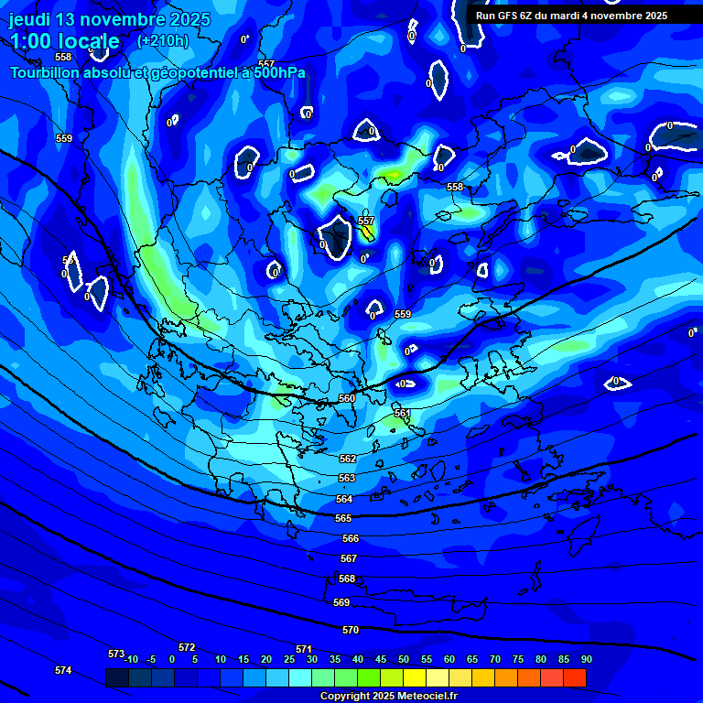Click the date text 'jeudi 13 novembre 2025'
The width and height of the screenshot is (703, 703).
pyautogui.click(x=109, y=19)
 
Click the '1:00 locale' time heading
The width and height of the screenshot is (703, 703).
pyautogui.click(x=64, y=41)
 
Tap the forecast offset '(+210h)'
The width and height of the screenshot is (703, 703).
pyautogui.click(x=163, y=41)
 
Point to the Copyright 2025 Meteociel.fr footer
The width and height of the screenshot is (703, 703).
pyautogui.click(x=388, y=697)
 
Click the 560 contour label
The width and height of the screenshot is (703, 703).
pyautogui.click(x=347, y=398)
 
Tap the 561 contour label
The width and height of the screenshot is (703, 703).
pyautogui.click(x=402, y=414)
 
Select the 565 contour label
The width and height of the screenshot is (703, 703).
pyautogui.click(x=343, y=518)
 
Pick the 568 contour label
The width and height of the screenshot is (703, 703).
pyautogui.click(x=347, y=579)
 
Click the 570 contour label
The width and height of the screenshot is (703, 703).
pyautogui.click(x=351, y=630)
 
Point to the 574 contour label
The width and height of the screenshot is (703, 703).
pyautogui.click(x=63, y=670)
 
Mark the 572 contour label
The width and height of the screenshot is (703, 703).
pyautogui.click(x=187, y=647)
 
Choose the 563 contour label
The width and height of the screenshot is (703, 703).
pyautogui.click(x=347, y=478)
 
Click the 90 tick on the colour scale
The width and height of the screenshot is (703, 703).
pyautogui.click(x=586, y=660)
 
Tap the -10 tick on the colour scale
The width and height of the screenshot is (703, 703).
pyautogui.click(x=131, y=660)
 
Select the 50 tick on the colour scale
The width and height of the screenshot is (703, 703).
pyautogui.click(x=404, y=660)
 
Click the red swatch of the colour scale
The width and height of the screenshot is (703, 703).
pyautogui.click(x=574, y=678)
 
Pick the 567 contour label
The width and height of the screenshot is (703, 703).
pyautogui.click(x=349, y=558)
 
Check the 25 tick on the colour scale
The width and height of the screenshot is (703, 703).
pyautogui.click(x=289, y=660)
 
